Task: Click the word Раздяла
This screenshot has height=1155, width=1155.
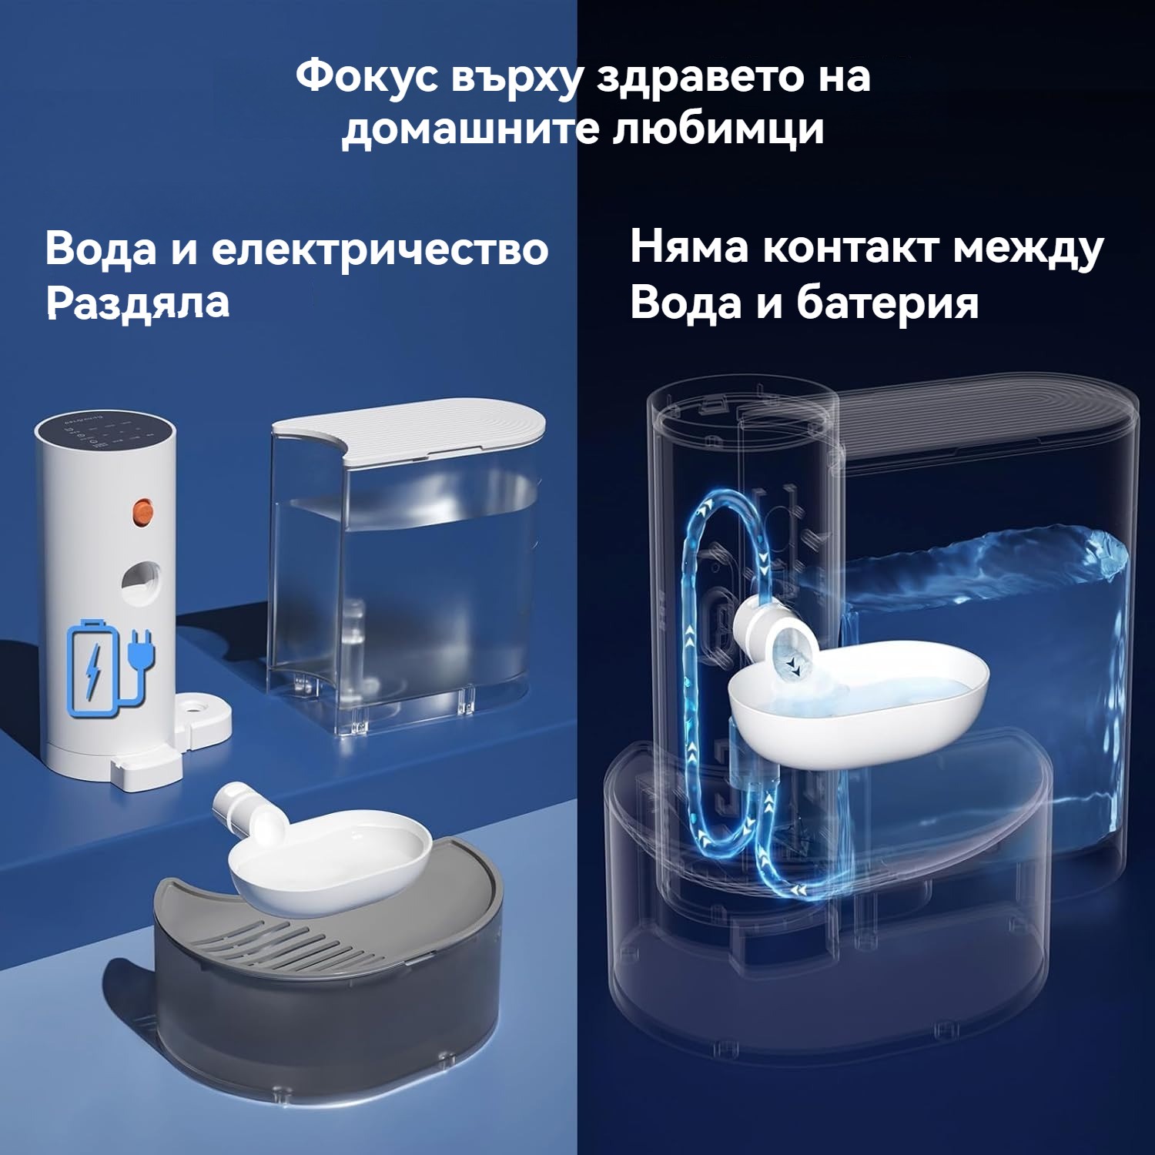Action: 138,303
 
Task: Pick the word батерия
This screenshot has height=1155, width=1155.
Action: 887,303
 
